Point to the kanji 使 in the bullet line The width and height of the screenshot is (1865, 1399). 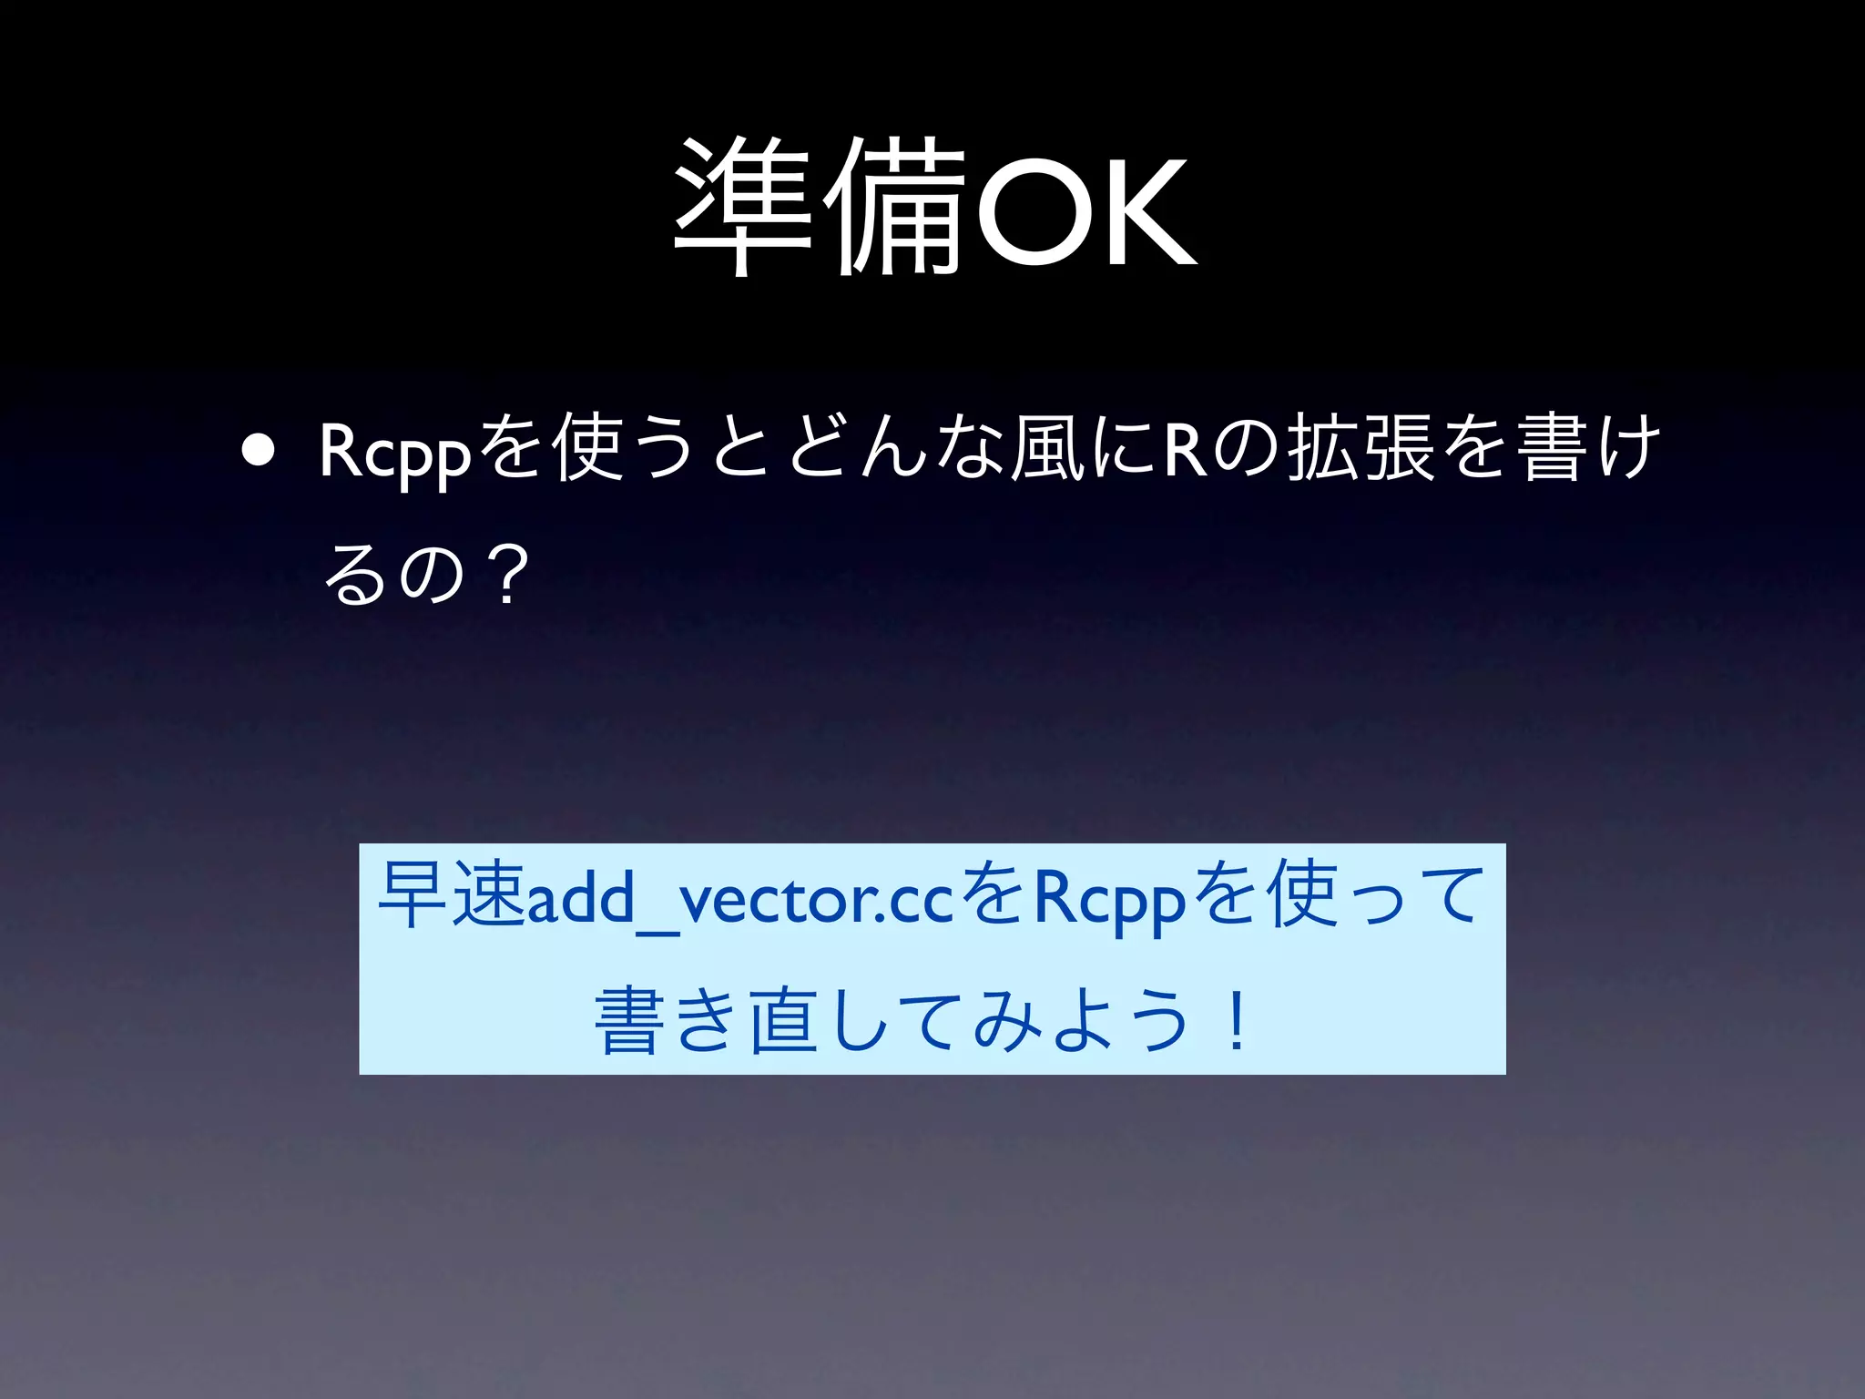point(590,446)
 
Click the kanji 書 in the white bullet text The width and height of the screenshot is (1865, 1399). point(1548,446)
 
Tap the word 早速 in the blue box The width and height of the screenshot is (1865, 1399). point(452,896)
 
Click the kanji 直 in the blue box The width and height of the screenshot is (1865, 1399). point(781,1022)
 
